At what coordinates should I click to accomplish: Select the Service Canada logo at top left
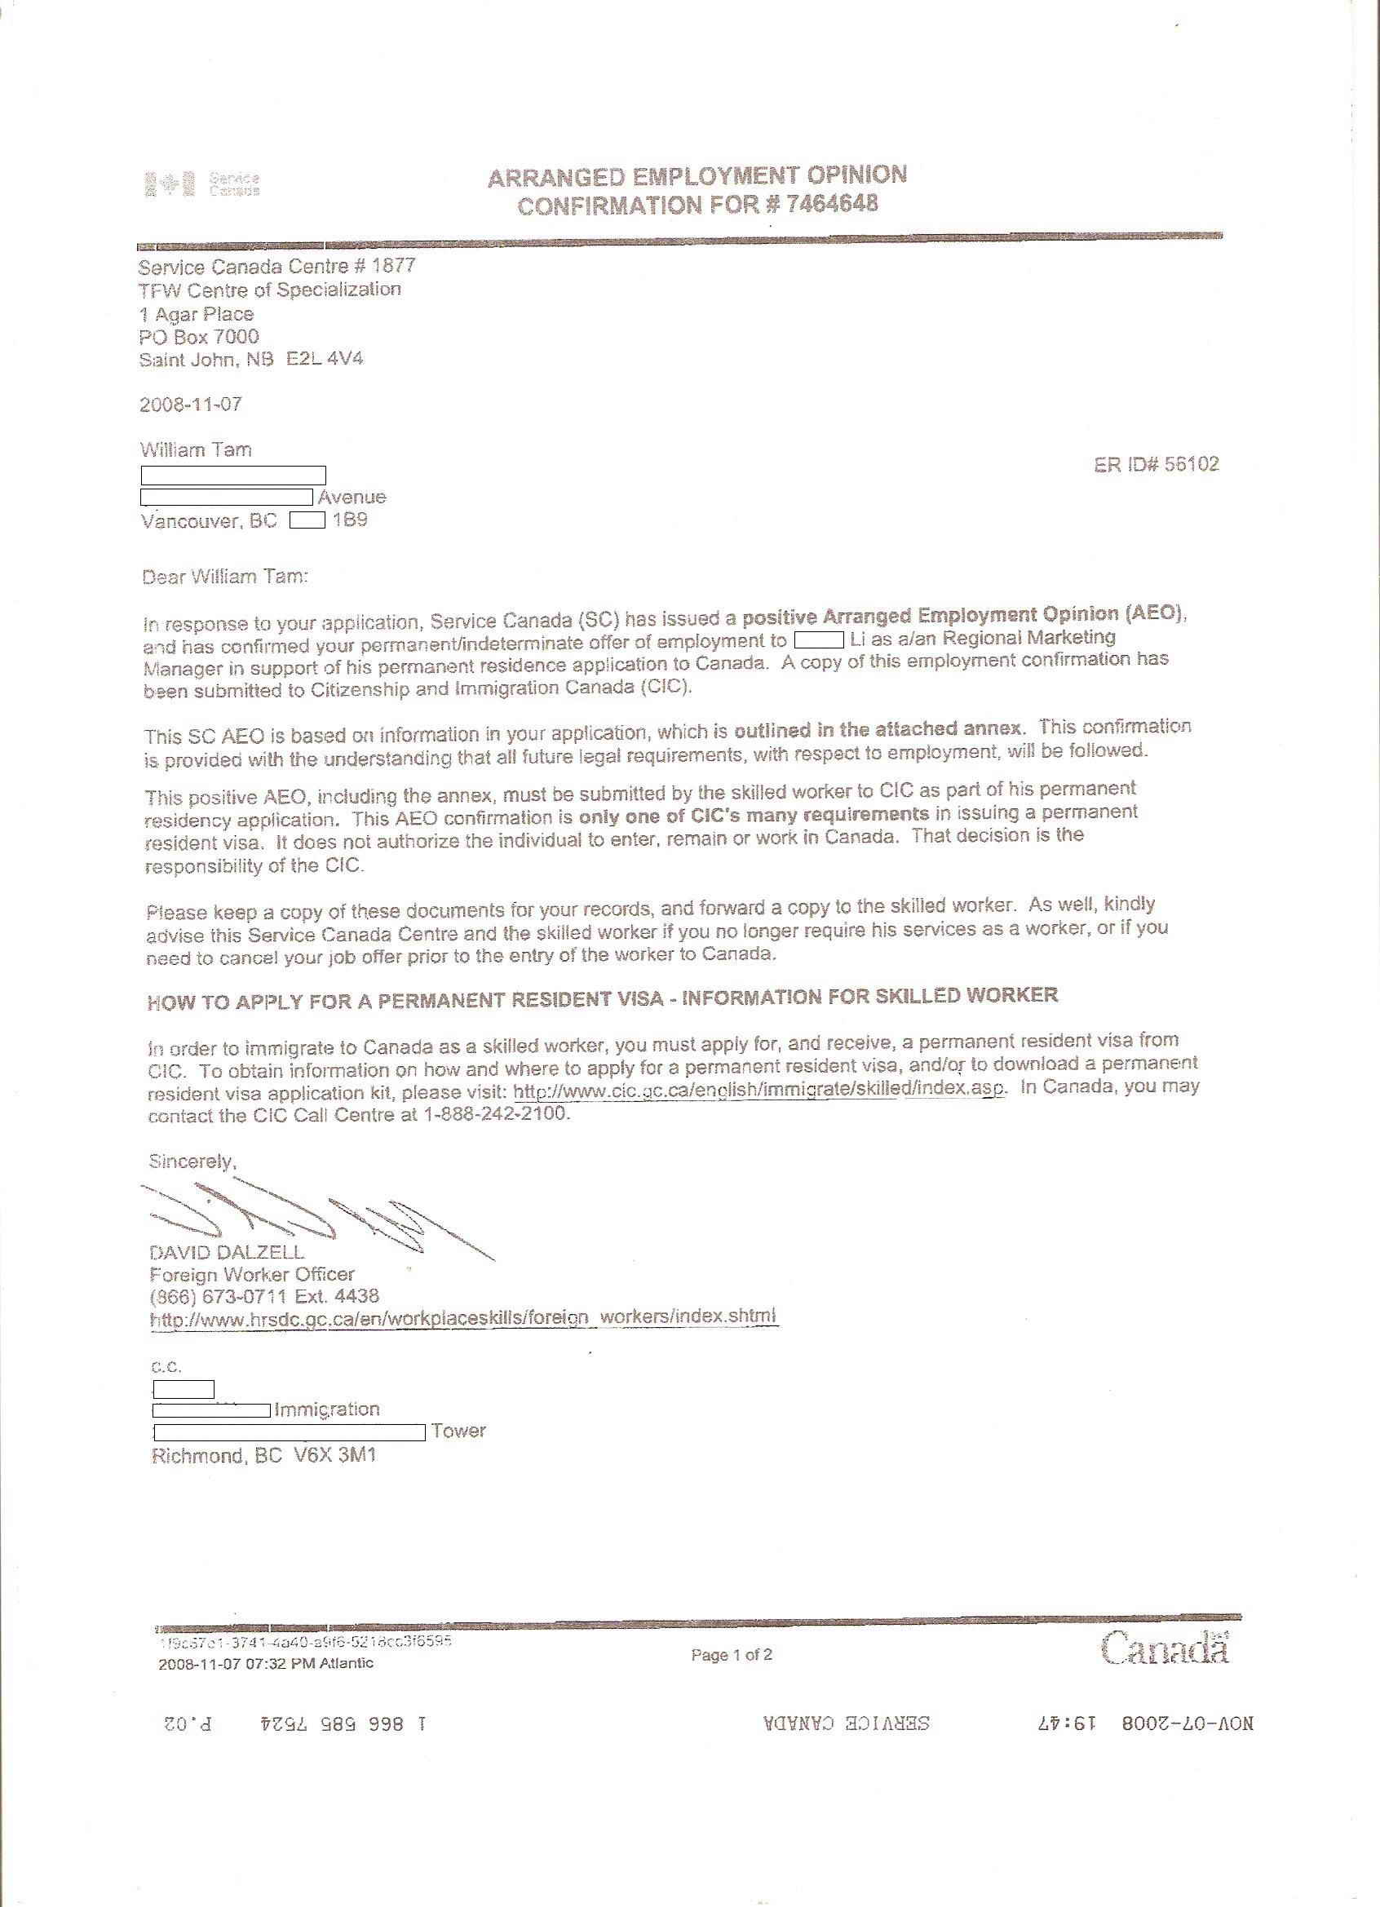pos(201,184)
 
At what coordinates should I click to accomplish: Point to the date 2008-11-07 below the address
pos(191,405)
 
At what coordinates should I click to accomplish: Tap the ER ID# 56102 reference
pos(1157,464)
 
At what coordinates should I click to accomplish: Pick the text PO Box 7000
pos(198,337)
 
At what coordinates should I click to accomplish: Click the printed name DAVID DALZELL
pos(226,1253)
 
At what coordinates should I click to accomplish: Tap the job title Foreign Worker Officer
pos(251,1275)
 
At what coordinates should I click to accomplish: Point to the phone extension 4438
pos(359,1296)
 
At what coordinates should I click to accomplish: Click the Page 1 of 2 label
pos(732,1655)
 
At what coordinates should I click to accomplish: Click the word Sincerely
pos(192,1161)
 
